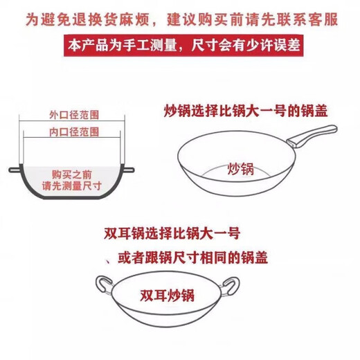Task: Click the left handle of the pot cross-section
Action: pos(11,169)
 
